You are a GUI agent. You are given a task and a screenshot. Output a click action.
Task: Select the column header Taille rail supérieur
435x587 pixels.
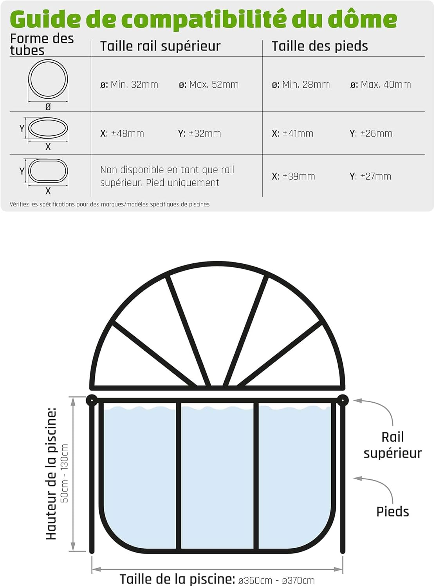pyautogui.click(x=160, y=47)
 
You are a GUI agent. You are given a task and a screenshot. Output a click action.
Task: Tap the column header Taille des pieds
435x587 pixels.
pyautogui.click(x=320, y=46)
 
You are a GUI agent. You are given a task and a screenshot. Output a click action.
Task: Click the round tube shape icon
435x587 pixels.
pyautogui.click(x=48, y=79)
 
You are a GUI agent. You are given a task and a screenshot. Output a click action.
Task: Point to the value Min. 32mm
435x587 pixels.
pyautogui.click(x=129, y=85)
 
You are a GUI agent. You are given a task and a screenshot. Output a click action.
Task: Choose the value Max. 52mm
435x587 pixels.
pyautogui.click(x=209, y=85)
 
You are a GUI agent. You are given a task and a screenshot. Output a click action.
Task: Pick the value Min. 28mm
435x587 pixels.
pyautogui.click(x=301, y=85)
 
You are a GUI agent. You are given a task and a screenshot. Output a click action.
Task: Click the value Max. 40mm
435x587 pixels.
pyautogui.click(x=381, y=85)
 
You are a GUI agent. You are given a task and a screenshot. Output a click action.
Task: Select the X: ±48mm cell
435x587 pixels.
pyautogui.click(x=122, y=133)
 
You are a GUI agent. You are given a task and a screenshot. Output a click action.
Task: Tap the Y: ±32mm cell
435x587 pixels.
pyautogui.click(x=200, y=133)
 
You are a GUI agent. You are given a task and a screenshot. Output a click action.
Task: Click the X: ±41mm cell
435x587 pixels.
pyautogui.click(x=292, y=133)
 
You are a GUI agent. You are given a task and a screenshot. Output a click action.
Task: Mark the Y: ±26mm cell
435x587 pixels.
pyautogui.click(x=371, y=133)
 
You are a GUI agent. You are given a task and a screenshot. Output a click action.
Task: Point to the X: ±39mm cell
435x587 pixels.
pyautogui.click(x=293, y=176)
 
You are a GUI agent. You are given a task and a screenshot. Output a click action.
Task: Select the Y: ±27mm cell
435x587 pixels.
pyautogui.click(x=370, y=176)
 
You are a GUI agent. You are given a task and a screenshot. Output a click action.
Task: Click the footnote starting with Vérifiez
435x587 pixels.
pyautogui.click(x=110, y=204)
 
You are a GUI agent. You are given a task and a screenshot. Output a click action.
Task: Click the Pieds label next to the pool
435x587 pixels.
pyautogui.click(x=393, y=511)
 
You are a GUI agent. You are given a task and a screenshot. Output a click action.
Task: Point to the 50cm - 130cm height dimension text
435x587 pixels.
pyautogui.click(x=65, y=473)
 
